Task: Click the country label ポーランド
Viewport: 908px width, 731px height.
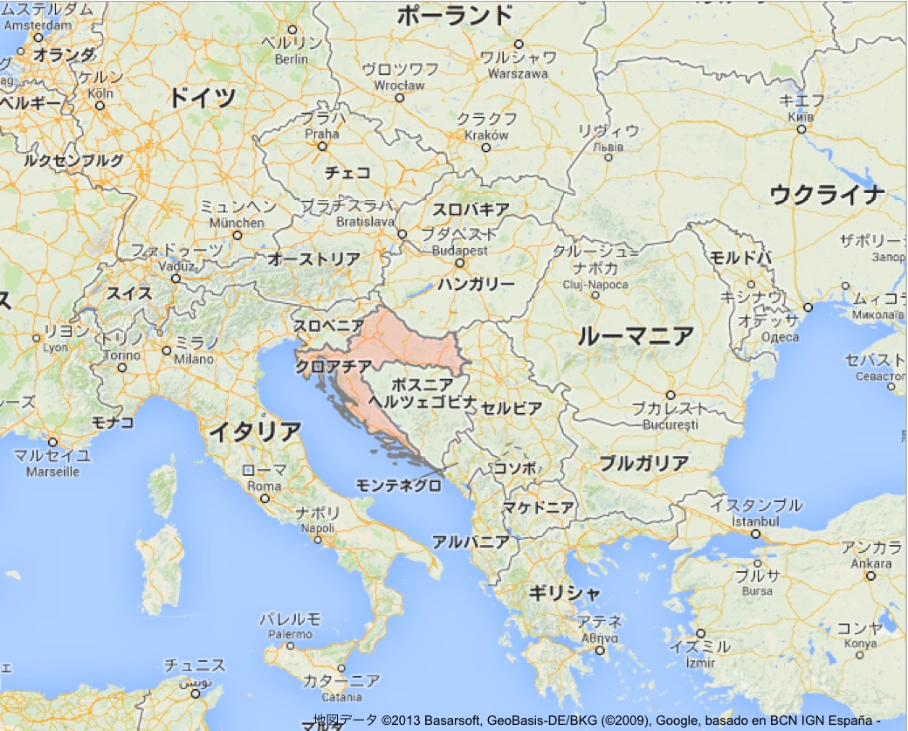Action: (x=455, y=16)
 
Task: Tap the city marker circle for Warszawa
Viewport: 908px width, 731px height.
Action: (x=519, y=44)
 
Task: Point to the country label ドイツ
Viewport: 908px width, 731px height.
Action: (x=203, y=97)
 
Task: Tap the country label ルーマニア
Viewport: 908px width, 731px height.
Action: (x=636, y=335)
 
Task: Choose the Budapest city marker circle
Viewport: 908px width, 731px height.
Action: (x=459, y=263)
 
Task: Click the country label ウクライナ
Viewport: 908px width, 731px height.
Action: (x=827, y=195)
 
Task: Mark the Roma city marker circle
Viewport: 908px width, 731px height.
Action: (x=265, y=499)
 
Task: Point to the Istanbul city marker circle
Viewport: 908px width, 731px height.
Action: (x=754, y=534)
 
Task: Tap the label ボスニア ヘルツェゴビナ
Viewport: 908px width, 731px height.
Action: (x=423, y=393)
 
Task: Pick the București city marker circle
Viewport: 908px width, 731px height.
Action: (x=671, y=395)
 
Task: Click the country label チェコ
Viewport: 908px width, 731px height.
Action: (x=347, y=173)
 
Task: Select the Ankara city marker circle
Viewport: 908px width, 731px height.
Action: (x=870, y=576)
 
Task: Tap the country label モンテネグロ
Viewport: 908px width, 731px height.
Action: (x=399, y=486)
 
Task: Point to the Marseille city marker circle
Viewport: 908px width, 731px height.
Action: (x=52, y=442)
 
